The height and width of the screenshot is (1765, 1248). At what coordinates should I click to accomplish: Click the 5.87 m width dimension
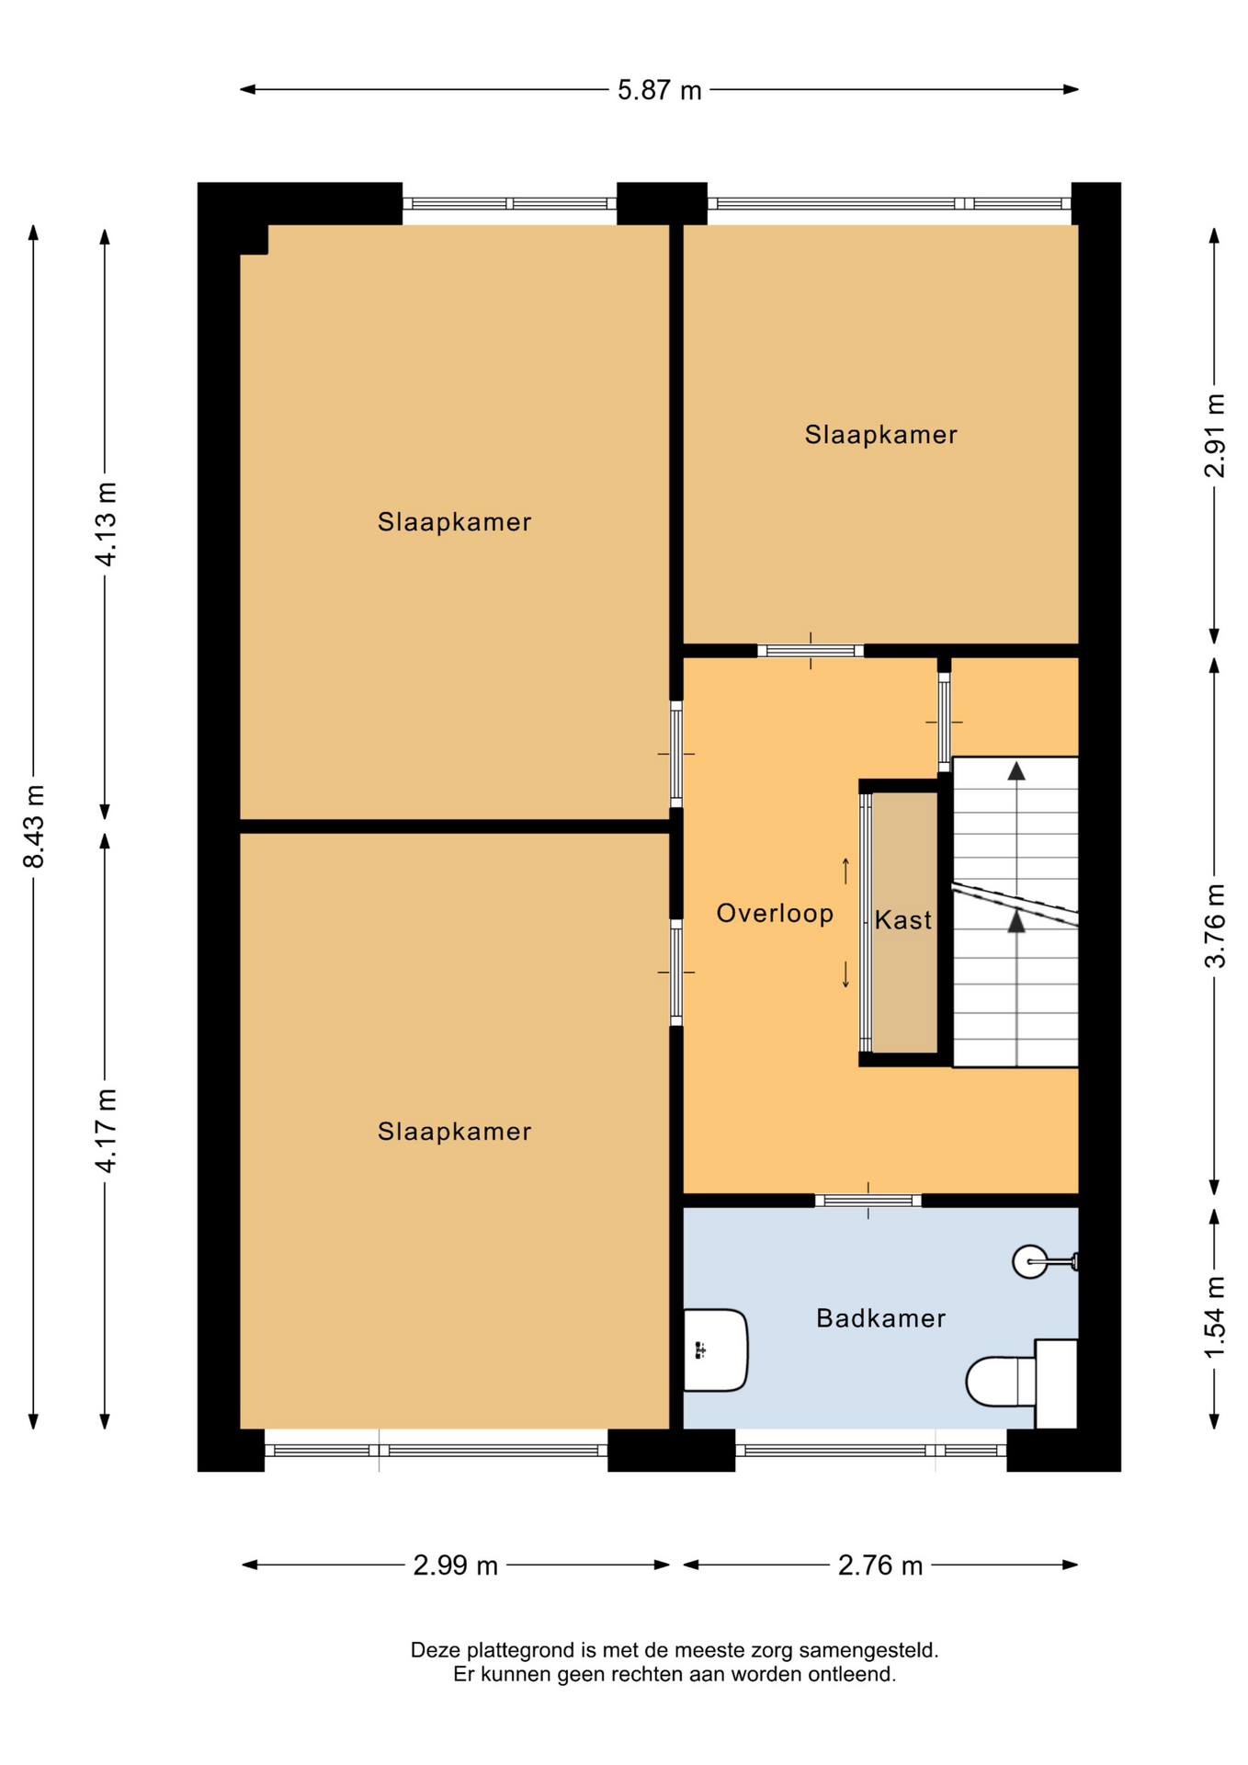click(x=659, y=90)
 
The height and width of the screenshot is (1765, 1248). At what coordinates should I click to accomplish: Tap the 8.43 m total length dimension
click(x=34, y=826)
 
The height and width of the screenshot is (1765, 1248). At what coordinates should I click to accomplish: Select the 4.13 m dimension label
click(x=106, y=523)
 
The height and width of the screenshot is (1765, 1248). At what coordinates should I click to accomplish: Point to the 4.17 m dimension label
click(x=106, y=1130)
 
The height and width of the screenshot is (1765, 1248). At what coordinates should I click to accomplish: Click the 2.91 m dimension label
click(x=1214, y=435)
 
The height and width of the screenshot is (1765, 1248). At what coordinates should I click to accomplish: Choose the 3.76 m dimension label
click(x=1214, y=925)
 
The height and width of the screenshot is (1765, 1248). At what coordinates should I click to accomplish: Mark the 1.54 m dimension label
click(x=1214, y=1316)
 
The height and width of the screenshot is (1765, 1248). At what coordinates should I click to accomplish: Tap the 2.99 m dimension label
click(x=455, y=1565)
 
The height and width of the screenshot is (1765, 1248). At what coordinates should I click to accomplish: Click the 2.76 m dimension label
click(x=879, y=1565)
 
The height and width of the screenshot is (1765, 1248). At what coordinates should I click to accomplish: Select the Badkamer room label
click(x=880, y=1318)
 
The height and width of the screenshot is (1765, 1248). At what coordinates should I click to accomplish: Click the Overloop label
click(x=775, y=913)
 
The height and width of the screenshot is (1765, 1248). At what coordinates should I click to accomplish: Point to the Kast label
click(x=902, y=919)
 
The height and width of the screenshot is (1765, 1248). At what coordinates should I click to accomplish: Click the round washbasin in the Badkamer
click(x=1030, y=1261)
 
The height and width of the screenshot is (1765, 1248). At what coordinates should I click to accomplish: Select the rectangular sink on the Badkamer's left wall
click(x=715, y=1349)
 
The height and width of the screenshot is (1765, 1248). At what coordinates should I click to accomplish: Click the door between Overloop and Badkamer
click(x=868, y=1200)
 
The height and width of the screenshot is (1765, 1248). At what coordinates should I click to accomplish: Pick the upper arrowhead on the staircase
click(x=1015, y=771)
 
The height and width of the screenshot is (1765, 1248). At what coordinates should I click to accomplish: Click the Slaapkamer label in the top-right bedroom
click(x=880, y=435)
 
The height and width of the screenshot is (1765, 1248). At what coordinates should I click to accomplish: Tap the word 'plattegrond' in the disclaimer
click(x=524, y=1651)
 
